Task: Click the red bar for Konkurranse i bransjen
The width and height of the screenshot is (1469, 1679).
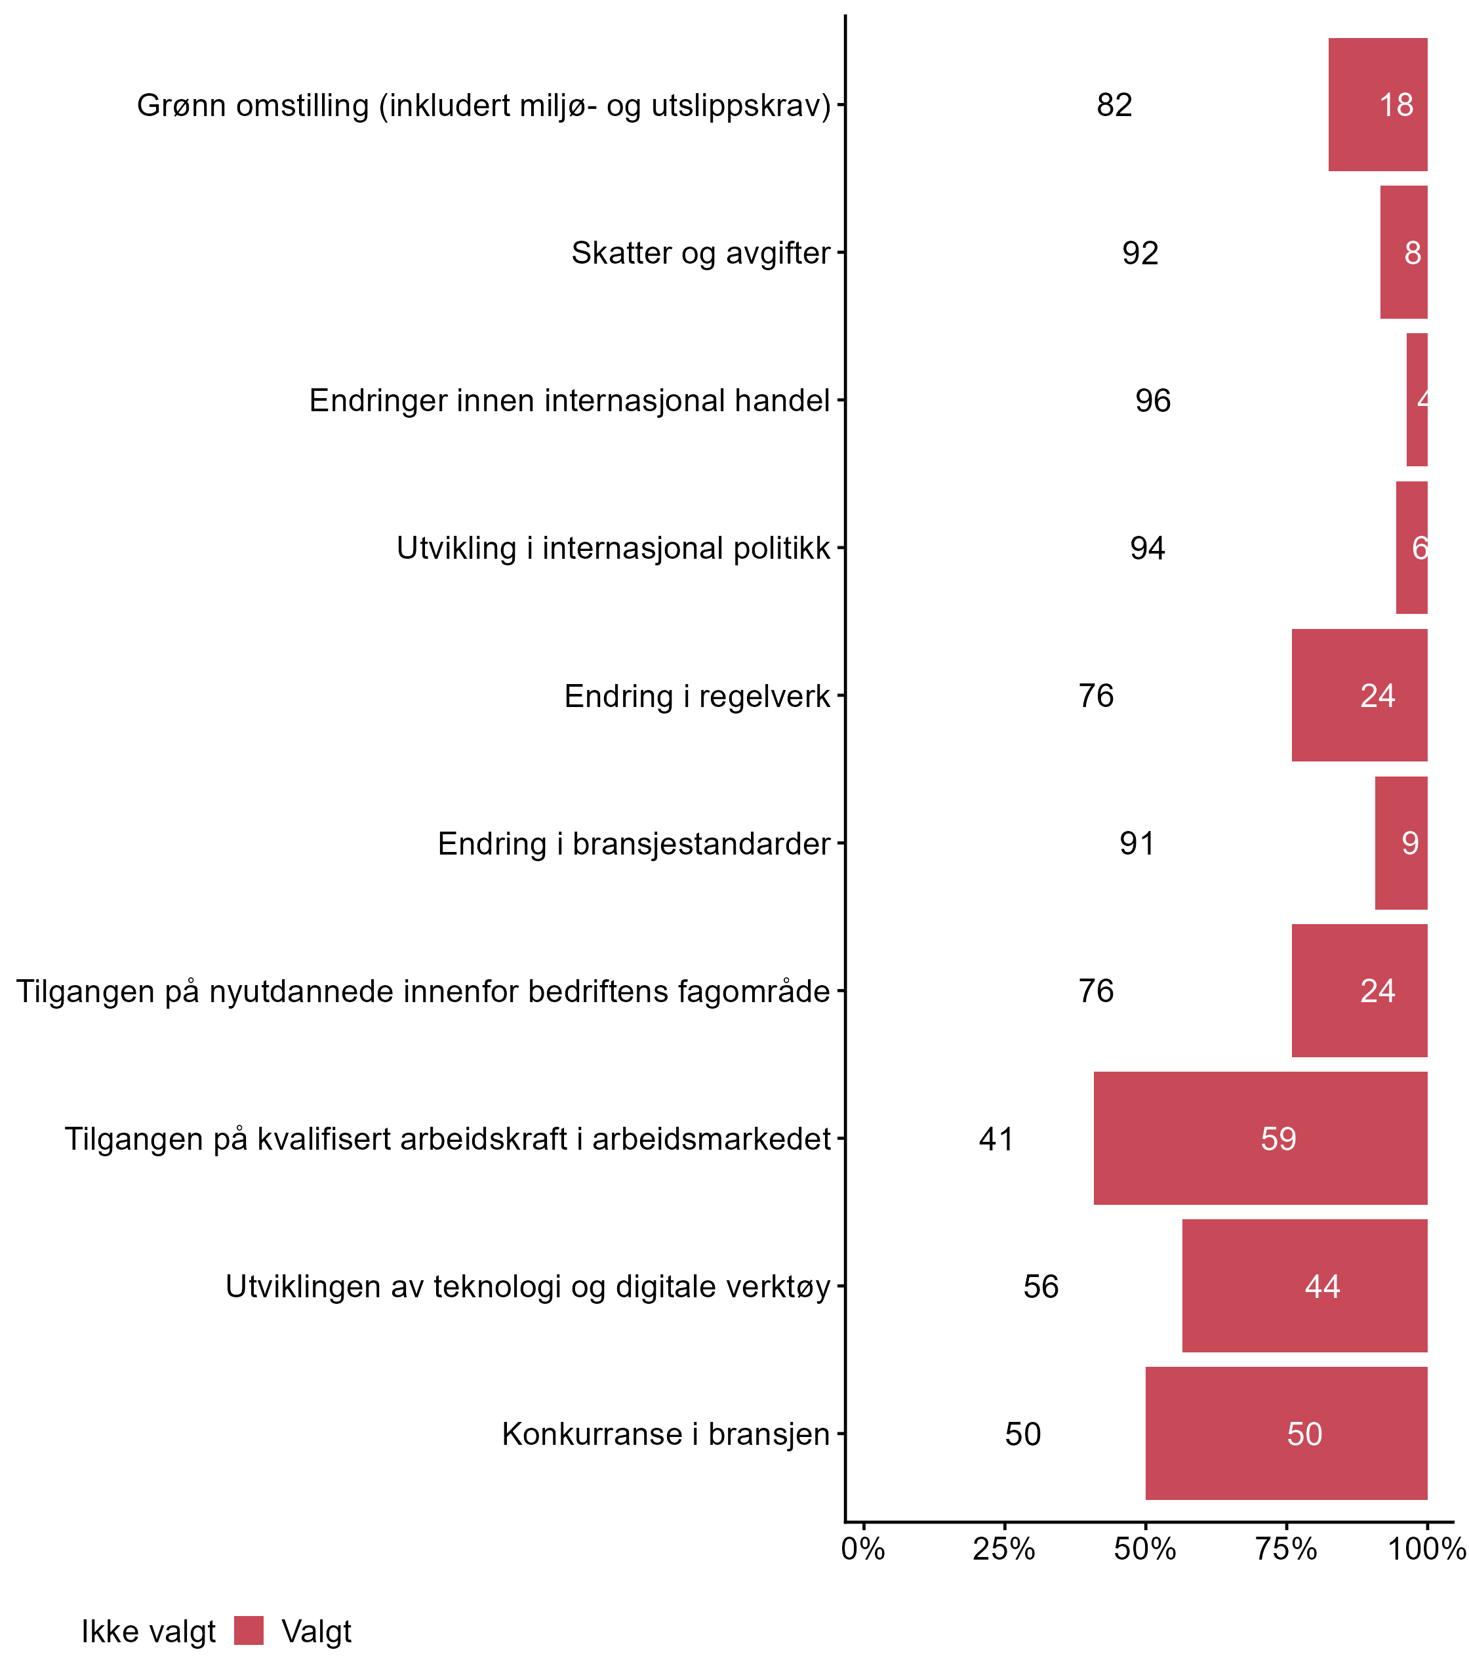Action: [x=1285, y=1433]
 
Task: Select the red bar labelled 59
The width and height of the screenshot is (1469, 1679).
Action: [x=1260, y=1138]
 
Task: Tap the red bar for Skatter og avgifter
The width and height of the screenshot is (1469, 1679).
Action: [x=1403, y=253]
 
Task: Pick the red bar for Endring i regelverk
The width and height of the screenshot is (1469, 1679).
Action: [x=1359, y=695]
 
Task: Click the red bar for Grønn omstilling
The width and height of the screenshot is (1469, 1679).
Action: [x=1377, y=105]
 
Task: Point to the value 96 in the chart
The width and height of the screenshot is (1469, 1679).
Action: [x=1153, y=401]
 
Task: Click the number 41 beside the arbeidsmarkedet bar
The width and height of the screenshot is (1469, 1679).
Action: [x=996, y=1139]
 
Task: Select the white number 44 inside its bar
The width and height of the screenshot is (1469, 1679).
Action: [x=1322, y=1286]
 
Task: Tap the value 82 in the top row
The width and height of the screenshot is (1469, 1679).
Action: [x=1114, y=105]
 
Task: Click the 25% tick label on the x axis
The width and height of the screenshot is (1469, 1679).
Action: [x=1003, y=1549]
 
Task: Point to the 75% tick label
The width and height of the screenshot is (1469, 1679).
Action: [x=1285, y=1549]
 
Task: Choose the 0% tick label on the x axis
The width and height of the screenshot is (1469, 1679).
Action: [x=863, y=1549]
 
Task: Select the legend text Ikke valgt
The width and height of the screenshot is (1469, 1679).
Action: [x=148, y=1632]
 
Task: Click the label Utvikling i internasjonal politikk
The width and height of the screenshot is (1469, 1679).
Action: [x=613, y=548]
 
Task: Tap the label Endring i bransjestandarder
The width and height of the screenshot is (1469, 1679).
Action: [x=634, y=843]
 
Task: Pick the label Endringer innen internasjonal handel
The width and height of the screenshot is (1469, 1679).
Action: [x=569, y=401]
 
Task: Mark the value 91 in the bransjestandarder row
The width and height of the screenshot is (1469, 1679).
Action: [x=1137, y=843]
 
